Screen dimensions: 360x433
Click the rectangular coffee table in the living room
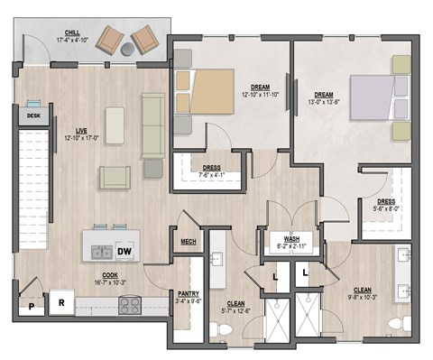pos(115,122)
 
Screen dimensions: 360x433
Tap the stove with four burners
pos(132,304)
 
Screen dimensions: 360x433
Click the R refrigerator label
pos(61,304)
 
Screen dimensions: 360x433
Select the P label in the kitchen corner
pos(31,308)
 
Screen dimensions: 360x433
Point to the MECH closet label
pos(189,241)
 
